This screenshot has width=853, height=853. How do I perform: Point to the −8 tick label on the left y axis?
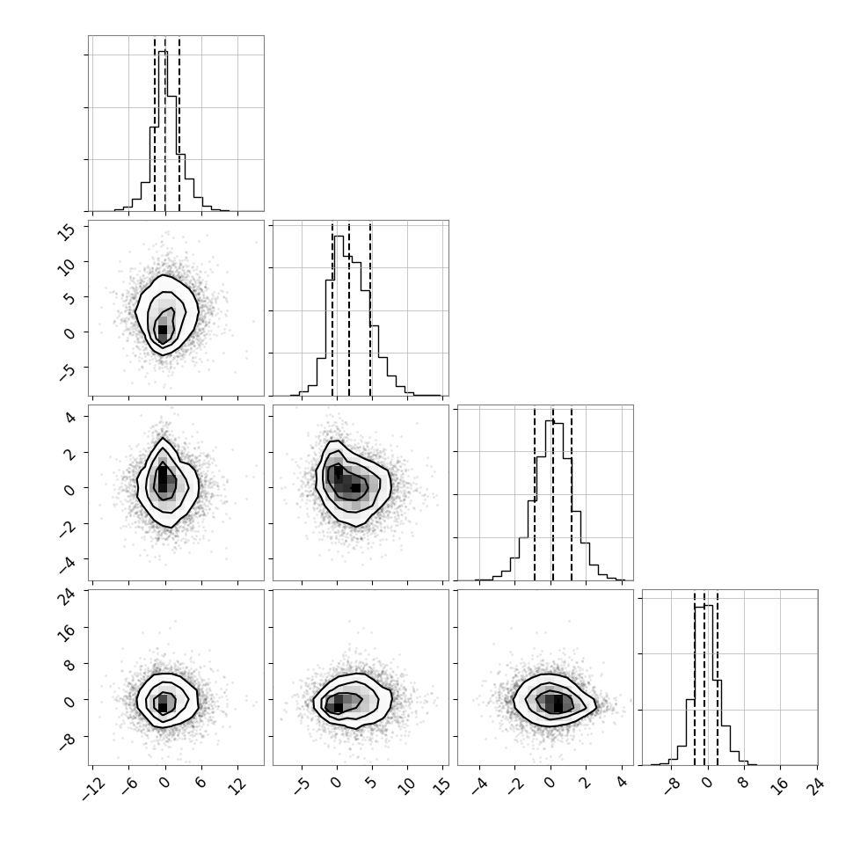pyautogui.click(x=66, y=742)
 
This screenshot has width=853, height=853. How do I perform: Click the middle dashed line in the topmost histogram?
pyautogui.click(x=165, y=124)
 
